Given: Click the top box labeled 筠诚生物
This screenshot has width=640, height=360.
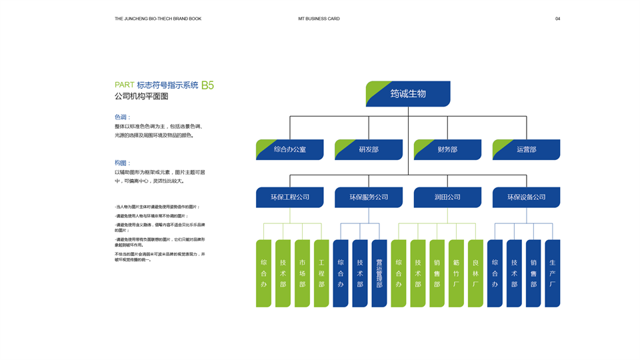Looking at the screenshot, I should point(408,94).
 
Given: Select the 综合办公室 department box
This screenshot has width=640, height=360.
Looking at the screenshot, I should point(290,149).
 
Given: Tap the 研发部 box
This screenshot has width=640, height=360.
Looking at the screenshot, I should point(369,149).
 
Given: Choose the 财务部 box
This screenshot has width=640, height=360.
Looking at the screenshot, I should point(447,149).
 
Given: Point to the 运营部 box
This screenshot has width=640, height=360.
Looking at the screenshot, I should point(526,149).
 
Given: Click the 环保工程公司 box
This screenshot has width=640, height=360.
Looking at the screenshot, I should point(290,197).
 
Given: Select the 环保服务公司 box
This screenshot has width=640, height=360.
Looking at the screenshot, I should point(369,197).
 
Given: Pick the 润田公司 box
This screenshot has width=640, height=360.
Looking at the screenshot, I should point(447,197).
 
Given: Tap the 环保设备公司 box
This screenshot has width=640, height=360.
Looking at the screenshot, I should point(526,197).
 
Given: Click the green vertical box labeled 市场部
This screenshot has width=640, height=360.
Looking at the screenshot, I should point(302,273).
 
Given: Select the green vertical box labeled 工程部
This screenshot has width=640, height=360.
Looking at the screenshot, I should point(321,273).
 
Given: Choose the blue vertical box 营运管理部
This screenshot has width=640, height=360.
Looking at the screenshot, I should point(379,273).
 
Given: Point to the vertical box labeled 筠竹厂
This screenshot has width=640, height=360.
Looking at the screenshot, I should point(456,273).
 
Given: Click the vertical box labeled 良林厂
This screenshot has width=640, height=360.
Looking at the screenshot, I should point(475,273).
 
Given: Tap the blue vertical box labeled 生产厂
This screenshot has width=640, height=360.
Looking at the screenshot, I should point(553,273).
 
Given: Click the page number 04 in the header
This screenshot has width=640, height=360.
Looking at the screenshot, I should point(557,19).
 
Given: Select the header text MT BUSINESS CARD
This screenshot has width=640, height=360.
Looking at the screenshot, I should point(319,19).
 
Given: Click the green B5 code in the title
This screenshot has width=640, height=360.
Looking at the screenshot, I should point(207,85).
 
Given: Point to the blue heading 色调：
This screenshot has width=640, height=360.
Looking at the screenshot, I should point(123,117).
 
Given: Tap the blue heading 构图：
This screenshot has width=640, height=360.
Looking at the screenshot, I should point(123,163).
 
